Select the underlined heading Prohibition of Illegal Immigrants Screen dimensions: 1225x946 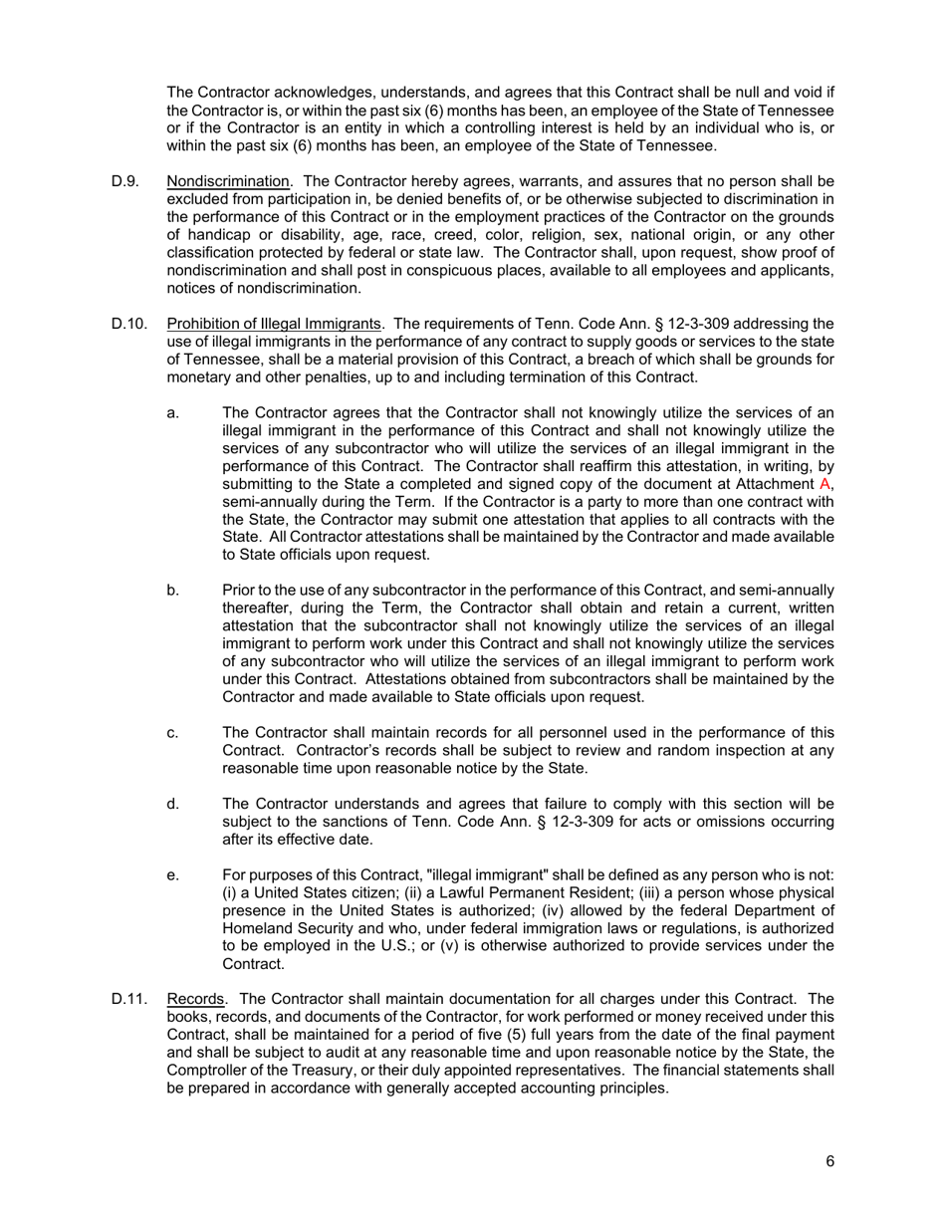[274, 324]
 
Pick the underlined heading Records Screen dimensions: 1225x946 [195, 999]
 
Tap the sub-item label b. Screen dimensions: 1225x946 [173, 591]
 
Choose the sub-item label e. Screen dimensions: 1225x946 [173, 875]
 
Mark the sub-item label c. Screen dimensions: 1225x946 [173, 733]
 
